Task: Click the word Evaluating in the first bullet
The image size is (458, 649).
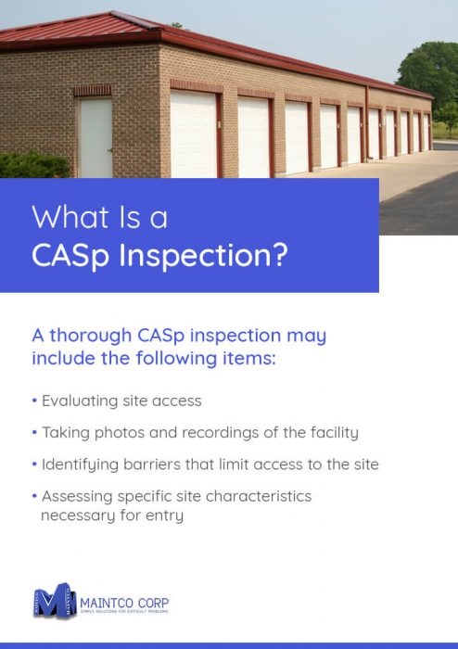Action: (80, 401)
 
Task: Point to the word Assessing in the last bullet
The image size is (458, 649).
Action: (77, 496)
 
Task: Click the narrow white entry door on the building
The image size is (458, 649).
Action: (95, 138)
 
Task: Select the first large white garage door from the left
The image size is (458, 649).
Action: (193, 134)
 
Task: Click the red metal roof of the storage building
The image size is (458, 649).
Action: (139, 32)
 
